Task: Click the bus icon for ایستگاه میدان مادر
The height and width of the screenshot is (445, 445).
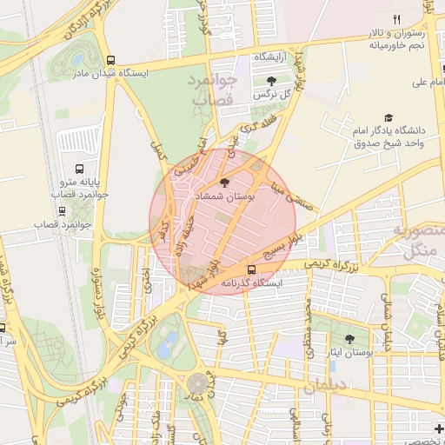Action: click(x=110, y=60)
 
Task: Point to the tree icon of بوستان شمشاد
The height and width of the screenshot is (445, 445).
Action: click(x=225, y=183)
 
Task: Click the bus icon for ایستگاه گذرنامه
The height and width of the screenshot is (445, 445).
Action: click(x=252, y=269)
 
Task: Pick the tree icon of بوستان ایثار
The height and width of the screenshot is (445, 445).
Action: click(x=350, y=339)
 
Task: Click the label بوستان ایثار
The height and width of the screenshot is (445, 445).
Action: click(x=350, y=354)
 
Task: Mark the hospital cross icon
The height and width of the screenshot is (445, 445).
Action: click(x=438, y=428)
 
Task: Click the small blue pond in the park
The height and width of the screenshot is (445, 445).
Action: click(x=169, y=340)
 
